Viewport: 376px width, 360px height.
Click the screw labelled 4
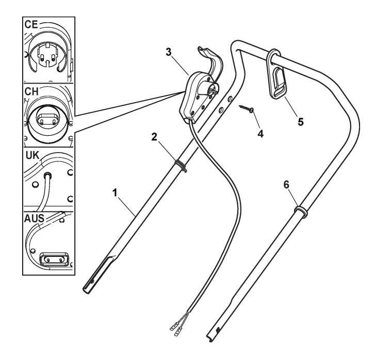click(x=246, y=109)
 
